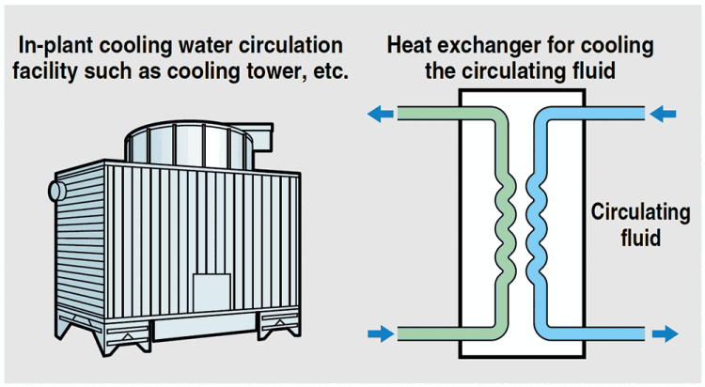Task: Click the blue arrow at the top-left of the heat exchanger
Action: (381, 115)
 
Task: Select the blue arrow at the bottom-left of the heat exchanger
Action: (381, 333)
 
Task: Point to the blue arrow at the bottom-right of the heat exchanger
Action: (663, 333)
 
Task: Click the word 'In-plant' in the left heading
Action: (61, 46)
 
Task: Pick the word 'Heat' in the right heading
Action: (407, 46)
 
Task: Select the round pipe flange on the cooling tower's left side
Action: (55, 191)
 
